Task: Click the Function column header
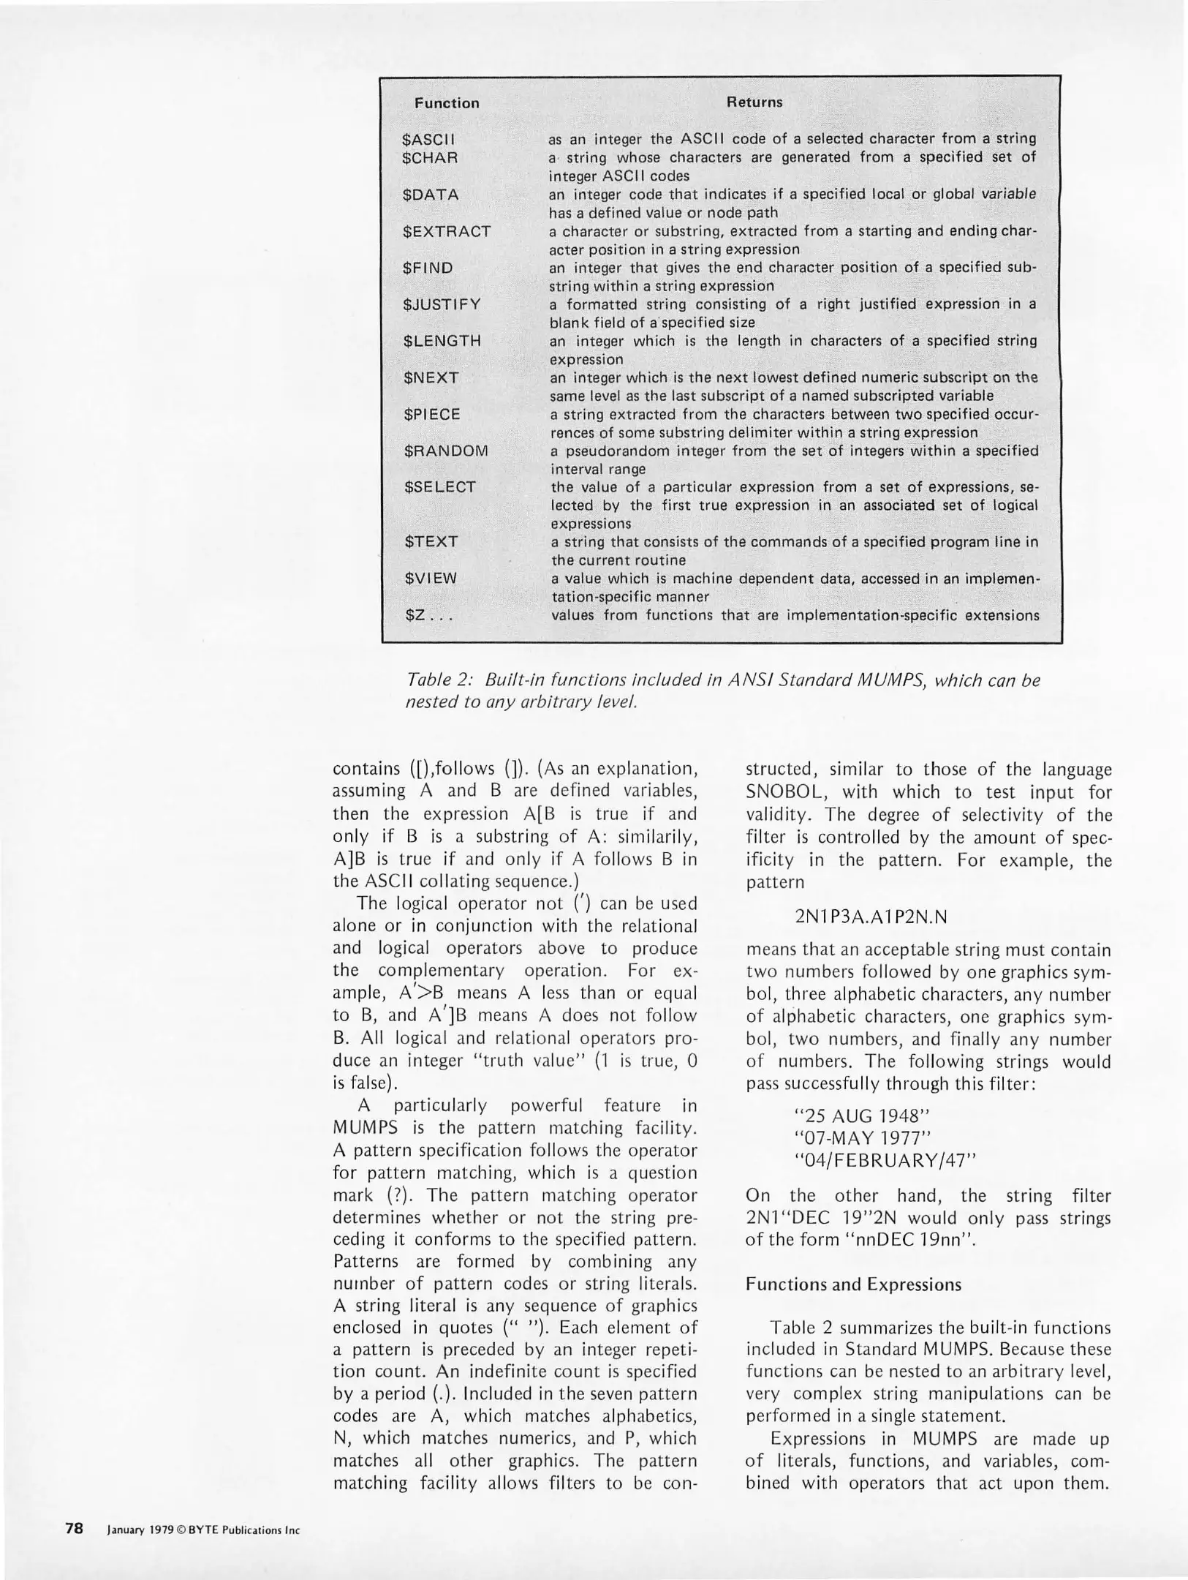coord(447,103)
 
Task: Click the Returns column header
coord(754,102)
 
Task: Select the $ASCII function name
coord(428,139)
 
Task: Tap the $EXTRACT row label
coord(447,231)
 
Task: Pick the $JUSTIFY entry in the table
coord(442,304)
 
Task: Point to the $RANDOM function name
coord(446,451)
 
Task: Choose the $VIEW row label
coord(431,579)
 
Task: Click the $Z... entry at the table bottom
coord(429,615)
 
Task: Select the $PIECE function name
coord(432,414)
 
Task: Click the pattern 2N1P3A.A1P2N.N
coord(870,917)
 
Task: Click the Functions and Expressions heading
coord(853,1284)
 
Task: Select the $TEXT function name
coord(431,542)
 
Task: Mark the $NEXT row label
coord(431,377)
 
